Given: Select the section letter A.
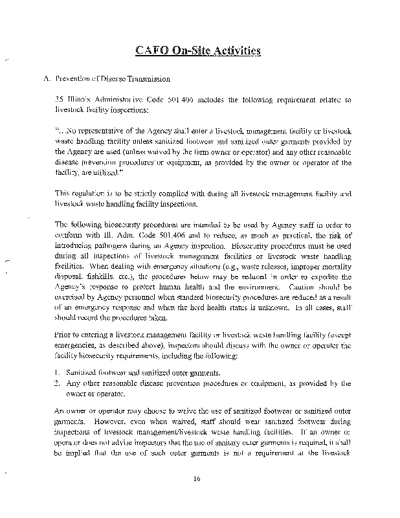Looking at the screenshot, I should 45,79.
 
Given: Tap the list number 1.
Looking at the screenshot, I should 58,374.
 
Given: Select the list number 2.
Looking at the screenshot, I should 58,384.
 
